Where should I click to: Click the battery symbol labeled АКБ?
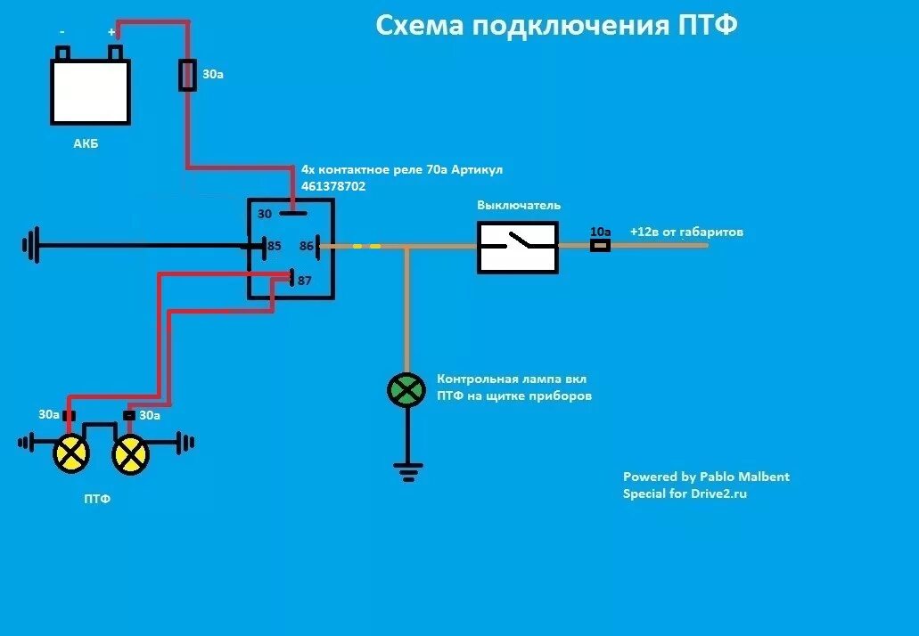click(x=90, y=91)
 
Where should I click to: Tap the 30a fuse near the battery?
click(x=188, y=76)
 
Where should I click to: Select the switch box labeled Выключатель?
click(x=518, y=247)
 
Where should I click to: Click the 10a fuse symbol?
click(x=600, y=245)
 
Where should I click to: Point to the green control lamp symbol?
click(x=406, y=390)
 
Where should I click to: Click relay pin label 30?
click(x=265, y=214)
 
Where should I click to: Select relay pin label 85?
click(x=275, y=245)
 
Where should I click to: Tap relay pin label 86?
click(x=307, y=245)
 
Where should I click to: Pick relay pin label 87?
click(x=305, y=281)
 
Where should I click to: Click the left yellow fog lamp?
click(x=71, y=454)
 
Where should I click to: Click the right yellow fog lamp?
click(x=130, y=455)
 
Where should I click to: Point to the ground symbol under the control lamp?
click(x=407, y=471)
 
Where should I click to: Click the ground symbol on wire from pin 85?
click(x=32, y=245)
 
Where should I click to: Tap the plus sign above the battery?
click(x=112, y=32)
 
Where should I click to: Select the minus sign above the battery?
click(x=62, y=32)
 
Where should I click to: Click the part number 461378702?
click(x=333, y=187)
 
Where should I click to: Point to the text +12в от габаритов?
click(x=686, y=232)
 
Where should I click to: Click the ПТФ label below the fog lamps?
click(x=98, y=500)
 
